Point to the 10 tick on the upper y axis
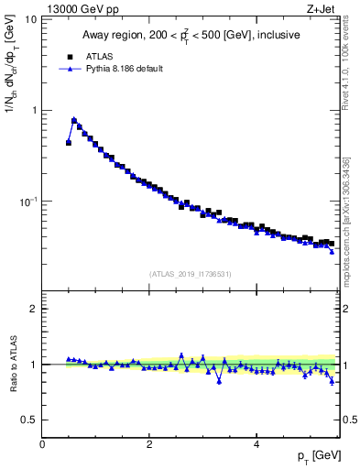[x=30, y=19]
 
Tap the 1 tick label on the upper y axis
[x=33, y=110]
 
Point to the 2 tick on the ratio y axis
[x=33, y=309]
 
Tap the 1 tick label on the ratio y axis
[x=33, y=365]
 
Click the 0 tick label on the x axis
[x=42, y=444]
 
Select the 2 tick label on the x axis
[x=148, y=444]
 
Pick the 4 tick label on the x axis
[x=256, y=444]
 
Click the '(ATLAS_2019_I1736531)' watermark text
[x=191, y=273]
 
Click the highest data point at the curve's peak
[x=74, y=120]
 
